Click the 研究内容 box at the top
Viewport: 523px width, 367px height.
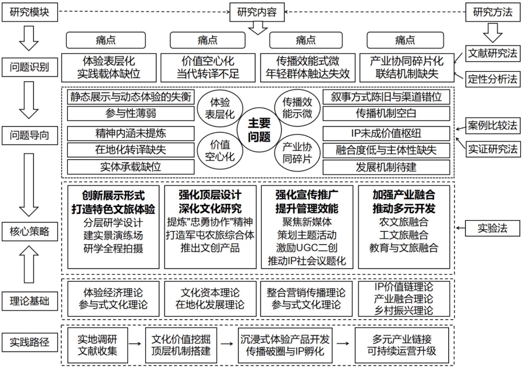coord(257,12)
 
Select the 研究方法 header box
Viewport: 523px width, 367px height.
coord(492,12)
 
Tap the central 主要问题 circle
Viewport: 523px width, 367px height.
coord(259,130)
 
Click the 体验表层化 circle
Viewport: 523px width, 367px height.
coord(220,108)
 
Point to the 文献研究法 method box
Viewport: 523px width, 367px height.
coord(492,53)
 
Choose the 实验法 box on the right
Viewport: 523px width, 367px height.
coord(492,228)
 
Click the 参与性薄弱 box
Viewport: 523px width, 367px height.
coord(131,113)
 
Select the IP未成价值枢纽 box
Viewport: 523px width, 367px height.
coord(386,133)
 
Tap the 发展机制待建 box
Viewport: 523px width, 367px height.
coord(386,167)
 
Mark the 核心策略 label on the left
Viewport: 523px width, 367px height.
coord(29,231)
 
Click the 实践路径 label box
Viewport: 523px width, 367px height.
coord(29,342)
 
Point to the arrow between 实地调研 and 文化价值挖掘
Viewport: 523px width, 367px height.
coord(135,344)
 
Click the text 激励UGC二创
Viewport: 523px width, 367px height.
coord(306,248)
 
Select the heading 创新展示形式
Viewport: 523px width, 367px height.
coord(113,195)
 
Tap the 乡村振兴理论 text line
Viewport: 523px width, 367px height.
coord(403,311)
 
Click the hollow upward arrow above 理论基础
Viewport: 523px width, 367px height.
coord(29,264)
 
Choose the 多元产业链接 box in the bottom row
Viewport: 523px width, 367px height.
coord(402,345)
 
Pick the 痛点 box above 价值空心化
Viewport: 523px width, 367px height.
coord(207,40)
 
